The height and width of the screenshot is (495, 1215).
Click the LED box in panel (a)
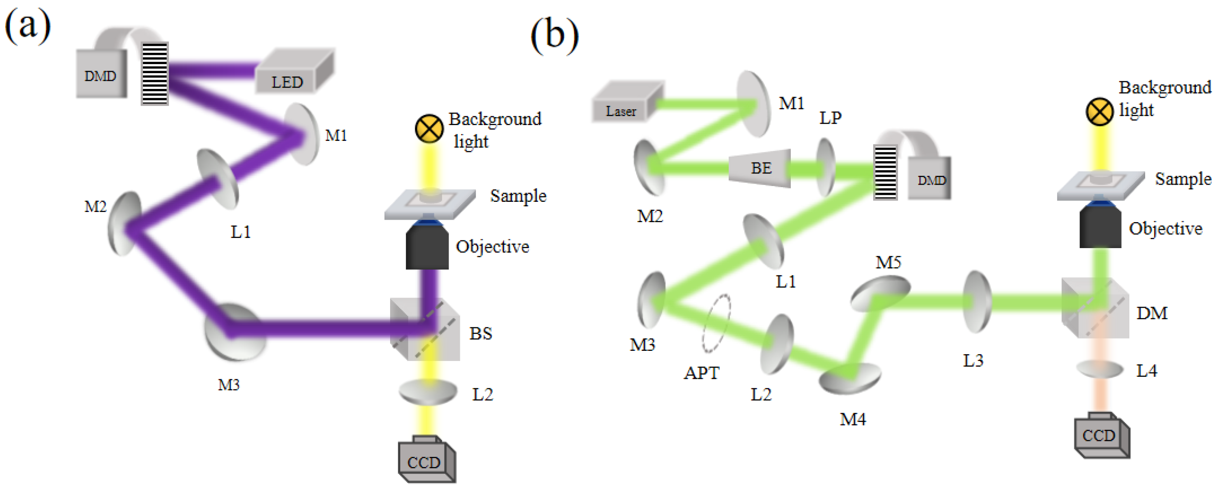(292, 73)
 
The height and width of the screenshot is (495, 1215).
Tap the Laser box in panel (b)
(625, 104)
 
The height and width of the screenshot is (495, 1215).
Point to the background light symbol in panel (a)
(429, 129)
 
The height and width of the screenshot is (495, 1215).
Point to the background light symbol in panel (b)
(1099, 112)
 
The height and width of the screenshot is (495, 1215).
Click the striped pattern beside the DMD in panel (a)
(155, 73)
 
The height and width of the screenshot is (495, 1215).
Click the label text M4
(852, 419)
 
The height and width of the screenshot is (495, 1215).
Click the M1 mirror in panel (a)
(302, 134)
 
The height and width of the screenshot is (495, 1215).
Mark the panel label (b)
(554, 35)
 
